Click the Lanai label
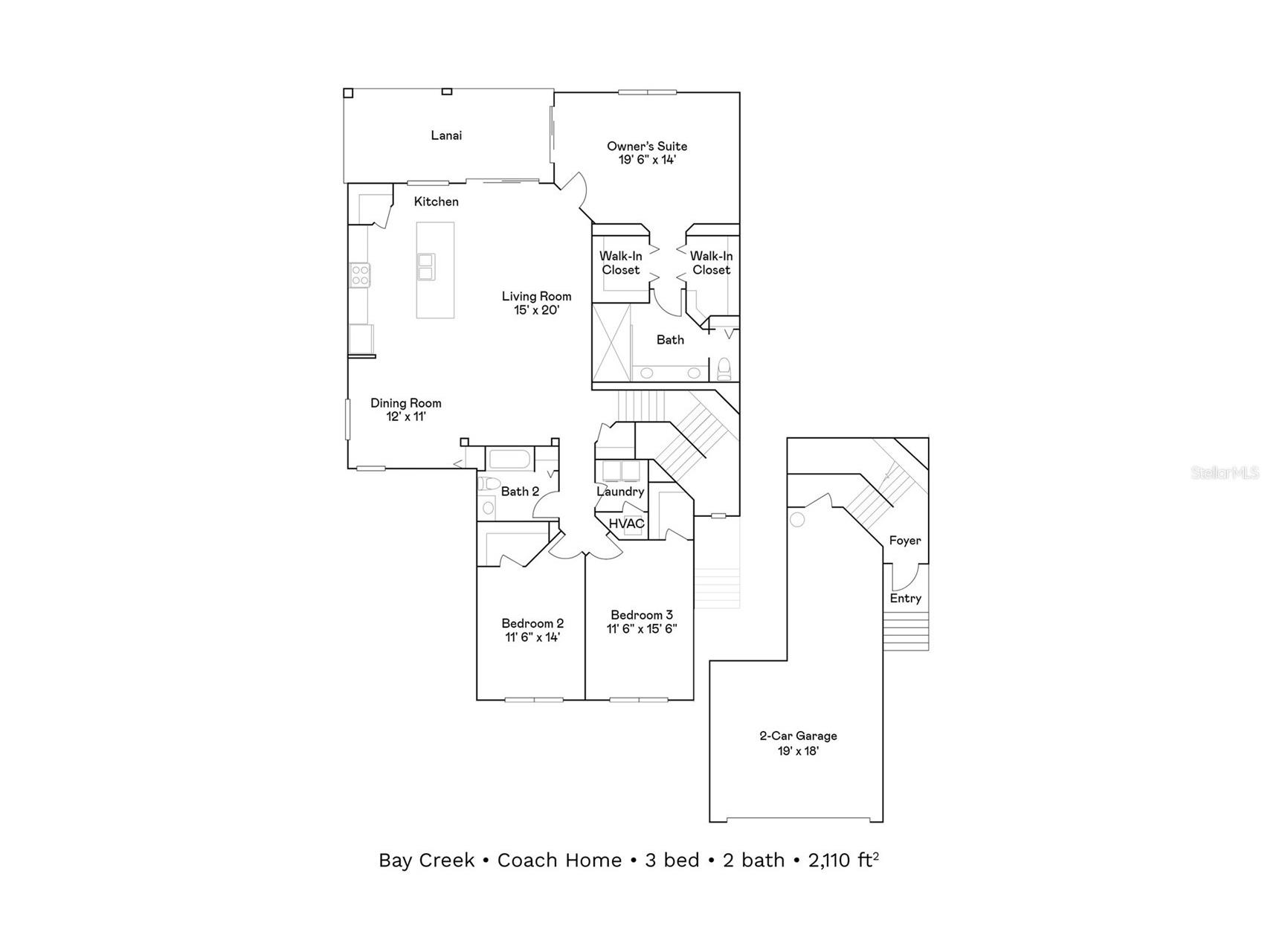tap(446, 135)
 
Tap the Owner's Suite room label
tap(647, 147)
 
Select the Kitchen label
tap(437, 202)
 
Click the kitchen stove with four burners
tap(361, 275)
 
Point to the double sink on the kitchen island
tap(426, 267)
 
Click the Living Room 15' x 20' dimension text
tap(536, 310)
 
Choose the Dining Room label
tap(406, 403)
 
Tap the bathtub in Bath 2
tap(509, 459)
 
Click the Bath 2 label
tap(520, 492)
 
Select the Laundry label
tap(620, 492)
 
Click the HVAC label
tap(627, 524)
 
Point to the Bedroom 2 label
tap(532, 623)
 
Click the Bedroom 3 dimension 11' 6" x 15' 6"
tap(642, 628)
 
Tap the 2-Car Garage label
tap(798, 736)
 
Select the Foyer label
tap(905, 541)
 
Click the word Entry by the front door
tap(906, 598)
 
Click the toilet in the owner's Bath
tap(724, 369)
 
